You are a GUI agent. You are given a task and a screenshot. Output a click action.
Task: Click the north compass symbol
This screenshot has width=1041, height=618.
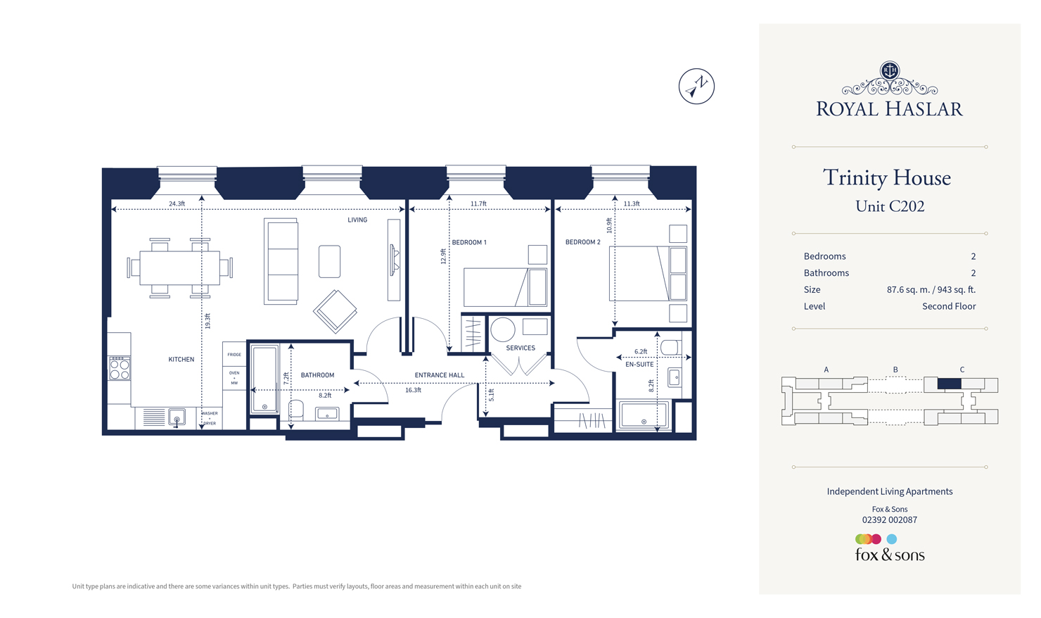click(696, 87)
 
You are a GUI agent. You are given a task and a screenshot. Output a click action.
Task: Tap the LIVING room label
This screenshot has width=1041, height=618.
click(357, 220)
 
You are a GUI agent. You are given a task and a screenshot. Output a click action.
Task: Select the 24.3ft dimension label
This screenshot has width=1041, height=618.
click(177, 204)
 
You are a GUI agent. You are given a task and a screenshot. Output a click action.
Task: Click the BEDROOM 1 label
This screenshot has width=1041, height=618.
click(469, 242)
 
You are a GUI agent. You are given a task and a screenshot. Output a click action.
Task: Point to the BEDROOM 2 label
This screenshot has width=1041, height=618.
click(583, 242)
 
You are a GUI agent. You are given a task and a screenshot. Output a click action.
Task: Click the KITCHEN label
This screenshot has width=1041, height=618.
click(181, 360)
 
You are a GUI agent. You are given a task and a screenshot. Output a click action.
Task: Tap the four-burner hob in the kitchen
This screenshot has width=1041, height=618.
click(120, 368)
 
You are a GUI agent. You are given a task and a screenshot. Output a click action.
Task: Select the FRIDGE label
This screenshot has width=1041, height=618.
click(234, 355)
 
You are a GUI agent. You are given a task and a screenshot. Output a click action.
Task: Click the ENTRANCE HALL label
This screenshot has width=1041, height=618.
click(440, 375)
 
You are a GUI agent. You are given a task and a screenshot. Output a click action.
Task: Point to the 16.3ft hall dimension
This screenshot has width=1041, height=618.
click(413, 390)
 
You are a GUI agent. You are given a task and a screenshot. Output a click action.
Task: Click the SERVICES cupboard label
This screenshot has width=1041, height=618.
click(520, 348)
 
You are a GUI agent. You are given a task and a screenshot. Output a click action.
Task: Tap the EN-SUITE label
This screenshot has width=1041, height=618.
click(639, 365)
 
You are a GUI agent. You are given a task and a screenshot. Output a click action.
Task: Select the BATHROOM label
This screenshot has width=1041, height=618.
click(317, 375)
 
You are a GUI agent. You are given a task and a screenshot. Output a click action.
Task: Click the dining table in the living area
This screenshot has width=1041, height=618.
click(179, 268)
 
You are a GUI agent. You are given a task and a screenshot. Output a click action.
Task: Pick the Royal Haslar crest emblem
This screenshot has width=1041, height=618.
click(890, 70)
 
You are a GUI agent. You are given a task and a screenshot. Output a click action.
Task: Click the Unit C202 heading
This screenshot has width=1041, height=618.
click(890, 206)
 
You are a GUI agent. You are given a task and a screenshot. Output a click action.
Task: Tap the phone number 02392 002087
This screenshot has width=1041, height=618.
click(890, 520)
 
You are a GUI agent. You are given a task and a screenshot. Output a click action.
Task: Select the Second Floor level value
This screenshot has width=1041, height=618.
click(949, 306)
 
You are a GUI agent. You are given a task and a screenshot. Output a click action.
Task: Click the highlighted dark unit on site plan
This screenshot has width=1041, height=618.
click(949, 384)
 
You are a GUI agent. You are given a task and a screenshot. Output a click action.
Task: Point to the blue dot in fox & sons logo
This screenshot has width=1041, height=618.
click(892, 539)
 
